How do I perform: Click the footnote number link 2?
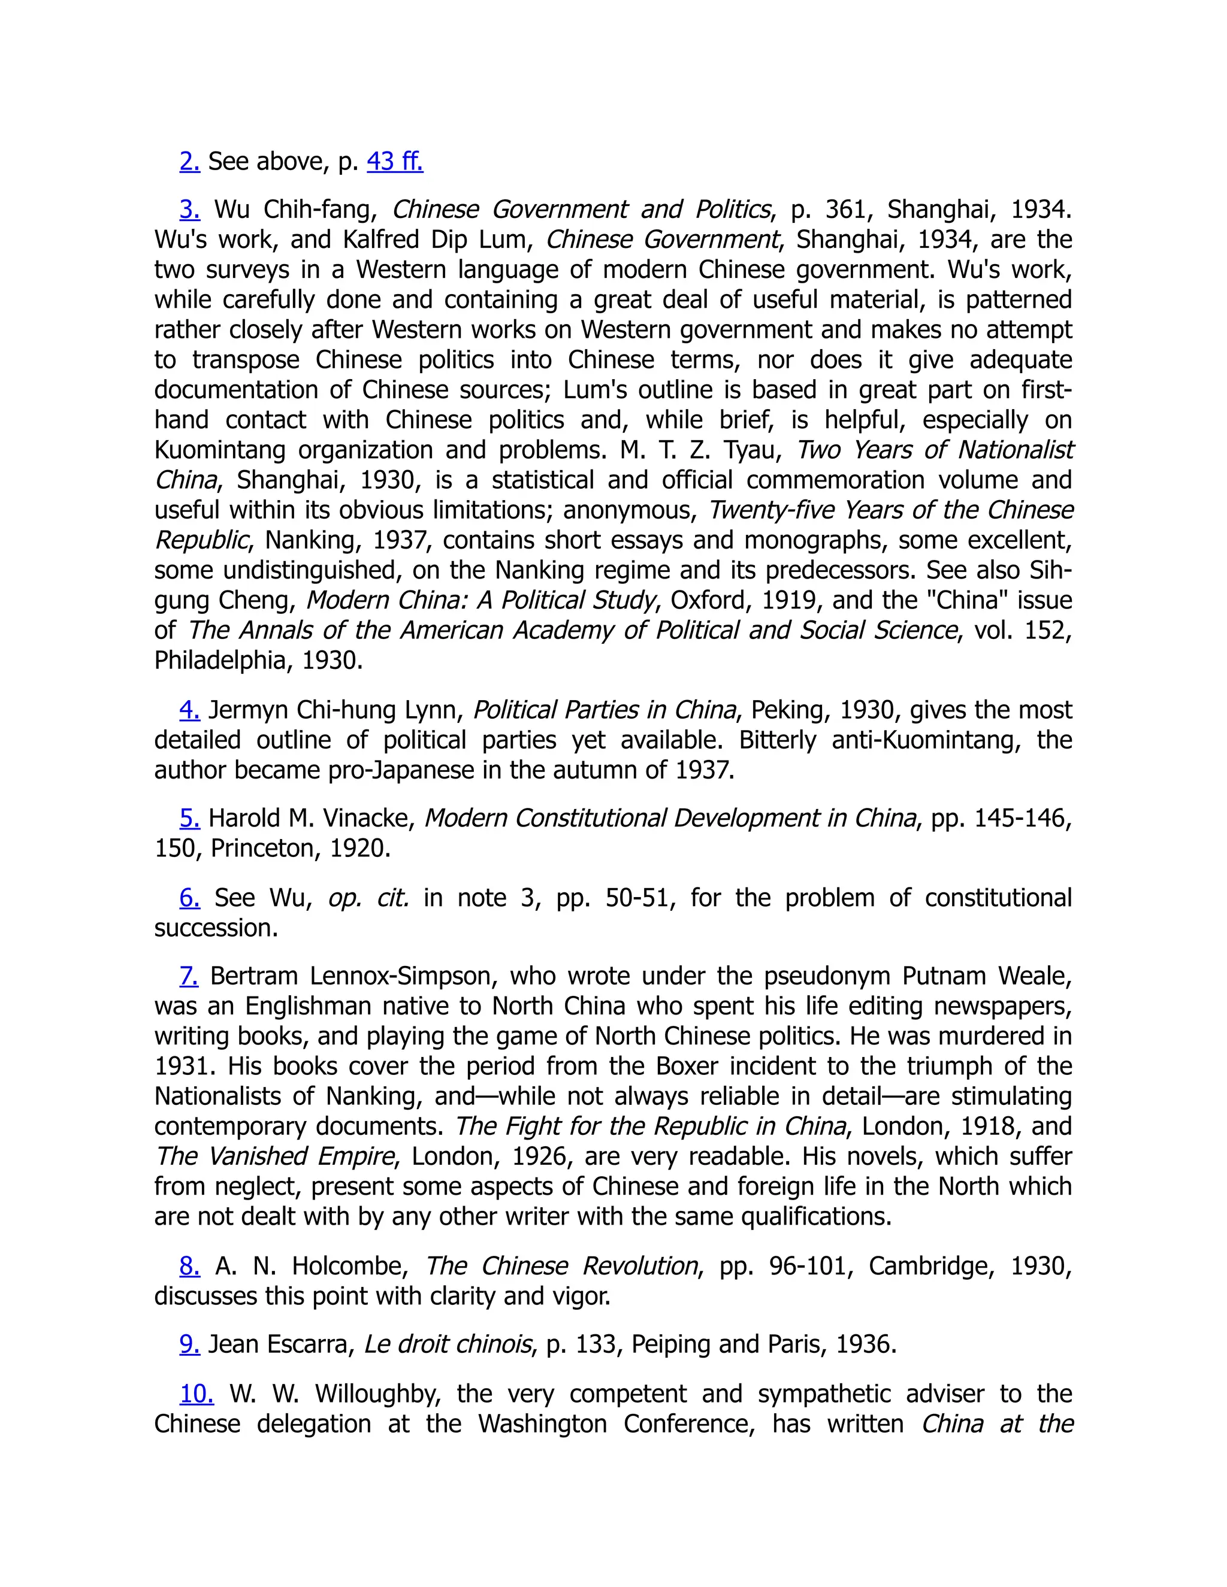pos(189,161)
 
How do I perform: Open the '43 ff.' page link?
pos(395,161)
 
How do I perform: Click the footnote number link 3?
pos(189,209)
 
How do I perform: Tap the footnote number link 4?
pos(189,710)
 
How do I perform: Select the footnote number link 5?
pos(189,818)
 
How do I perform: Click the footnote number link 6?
pos(189,898)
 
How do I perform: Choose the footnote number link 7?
pos(189,976)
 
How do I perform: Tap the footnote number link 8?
pos(189,1266)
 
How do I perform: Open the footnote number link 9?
pos(189,1344)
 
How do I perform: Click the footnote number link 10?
pos(197,1394)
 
